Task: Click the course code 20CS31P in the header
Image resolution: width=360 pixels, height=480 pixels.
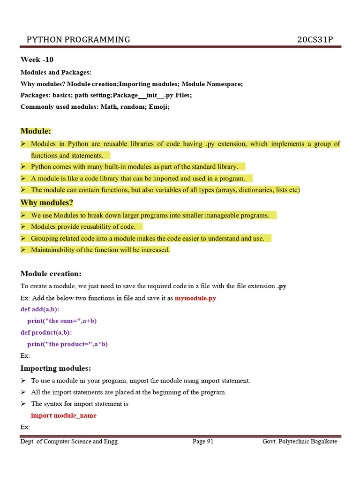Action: (315, 39)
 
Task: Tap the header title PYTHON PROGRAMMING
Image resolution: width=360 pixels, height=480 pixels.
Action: (78, 39)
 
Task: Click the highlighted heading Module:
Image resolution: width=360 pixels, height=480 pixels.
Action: (36, 131)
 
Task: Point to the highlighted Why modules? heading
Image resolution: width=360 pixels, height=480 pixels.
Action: (47, 202)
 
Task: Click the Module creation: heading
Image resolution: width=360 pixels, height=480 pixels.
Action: (51, 274)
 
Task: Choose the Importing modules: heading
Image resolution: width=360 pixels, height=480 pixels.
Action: (56, 368)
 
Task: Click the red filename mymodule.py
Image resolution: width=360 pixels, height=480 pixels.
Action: (195, 298)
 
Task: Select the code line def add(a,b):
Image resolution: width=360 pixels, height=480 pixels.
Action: (40, 309)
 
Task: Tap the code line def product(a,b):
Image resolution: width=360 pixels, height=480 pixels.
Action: (46, 332)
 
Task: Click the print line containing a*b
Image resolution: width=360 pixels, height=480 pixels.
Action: (67, 344)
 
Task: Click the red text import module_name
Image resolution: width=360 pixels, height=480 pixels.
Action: (64, 415)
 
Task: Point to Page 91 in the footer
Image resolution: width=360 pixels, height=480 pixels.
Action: (203, 442)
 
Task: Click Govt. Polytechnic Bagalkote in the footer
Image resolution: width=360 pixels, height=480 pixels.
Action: (300, 442)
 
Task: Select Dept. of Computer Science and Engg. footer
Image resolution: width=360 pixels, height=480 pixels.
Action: (70, 442)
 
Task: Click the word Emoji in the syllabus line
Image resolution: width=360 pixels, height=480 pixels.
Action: (158, 106)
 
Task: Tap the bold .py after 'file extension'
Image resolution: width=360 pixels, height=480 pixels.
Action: (282, 286)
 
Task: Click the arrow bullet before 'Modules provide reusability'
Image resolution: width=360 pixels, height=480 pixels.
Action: (23, 227)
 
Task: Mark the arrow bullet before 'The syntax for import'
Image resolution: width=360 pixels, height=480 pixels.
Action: (23, 404)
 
